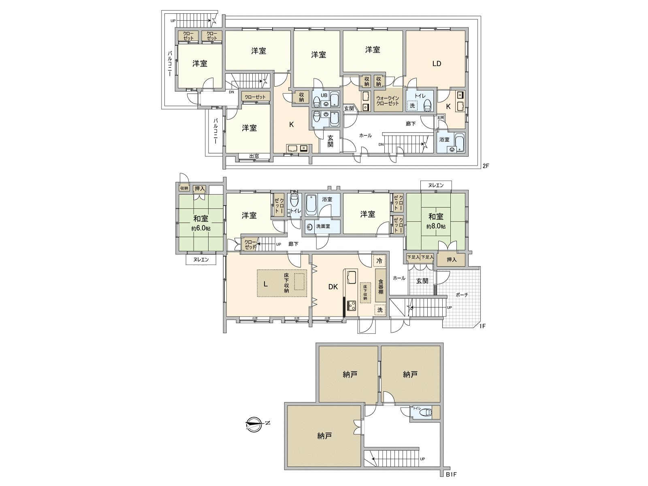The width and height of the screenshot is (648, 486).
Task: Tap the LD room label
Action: point(436,64)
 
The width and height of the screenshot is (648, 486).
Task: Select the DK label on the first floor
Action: point(333,287)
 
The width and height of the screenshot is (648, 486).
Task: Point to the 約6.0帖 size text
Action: point(201,228)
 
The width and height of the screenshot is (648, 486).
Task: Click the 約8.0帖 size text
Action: point(436,226)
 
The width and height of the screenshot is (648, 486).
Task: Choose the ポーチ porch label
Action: point(462,295)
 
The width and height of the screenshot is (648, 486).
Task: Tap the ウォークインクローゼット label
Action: point(388,101)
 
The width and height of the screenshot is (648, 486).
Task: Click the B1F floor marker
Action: point(451,474)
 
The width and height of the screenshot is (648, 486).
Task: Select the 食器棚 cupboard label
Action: point(381,287)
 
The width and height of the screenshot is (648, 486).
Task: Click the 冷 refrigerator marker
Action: point(379,261)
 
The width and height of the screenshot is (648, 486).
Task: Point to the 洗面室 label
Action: point(323,226)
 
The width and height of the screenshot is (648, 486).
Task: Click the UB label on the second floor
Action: point(324,95)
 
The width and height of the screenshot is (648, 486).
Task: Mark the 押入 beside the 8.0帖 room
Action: point(451,260)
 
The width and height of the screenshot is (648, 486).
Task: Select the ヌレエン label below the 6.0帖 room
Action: point(200,260)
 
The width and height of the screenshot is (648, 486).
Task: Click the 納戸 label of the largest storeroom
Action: point(324,436)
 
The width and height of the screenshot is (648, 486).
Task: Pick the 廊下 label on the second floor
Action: point(411,124)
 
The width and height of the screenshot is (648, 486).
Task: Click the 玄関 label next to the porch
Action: point(422,281)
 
